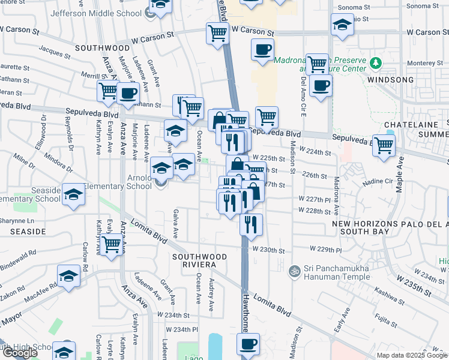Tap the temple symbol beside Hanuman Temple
(x=294, y=271)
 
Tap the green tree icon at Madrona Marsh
(x=376, y=63)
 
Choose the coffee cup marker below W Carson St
(x=262, y=50)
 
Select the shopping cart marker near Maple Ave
(x=384, y=145)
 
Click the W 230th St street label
(x=267, y=249)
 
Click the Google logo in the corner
(x=19, y=353)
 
